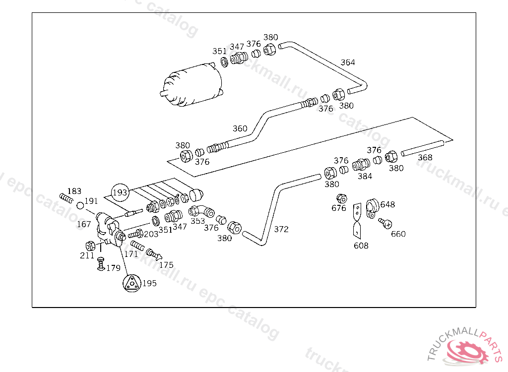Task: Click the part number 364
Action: [347, 62]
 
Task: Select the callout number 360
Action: [240, 128]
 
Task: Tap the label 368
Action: [425, 158]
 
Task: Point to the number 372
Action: [281, 229]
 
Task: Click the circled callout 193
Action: [120, 192]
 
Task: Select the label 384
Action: [365, 176]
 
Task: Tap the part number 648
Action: [387, 204]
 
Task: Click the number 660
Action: [398, 234]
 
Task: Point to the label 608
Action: [361, 246]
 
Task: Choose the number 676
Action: [339, 208]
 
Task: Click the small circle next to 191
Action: [80, 204]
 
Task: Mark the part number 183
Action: [74, 191]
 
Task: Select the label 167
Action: [84, 224]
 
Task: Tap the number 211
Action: [87, 256]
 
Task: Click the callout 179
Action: [113, 268]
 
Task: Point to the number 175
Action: [166, 265]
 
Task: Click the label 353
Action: [197, 221]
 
